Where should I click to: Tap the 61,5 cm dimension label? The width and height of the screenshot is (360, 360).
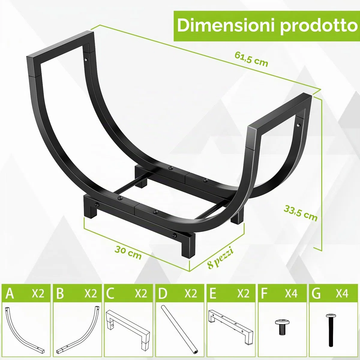click(x=251, y=59)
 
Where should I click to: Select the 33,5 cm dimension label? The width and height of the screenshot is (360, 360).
click(x=300, y=215)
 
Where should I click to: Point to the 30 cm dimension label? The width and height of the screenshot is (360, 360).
click(x=128, y=253)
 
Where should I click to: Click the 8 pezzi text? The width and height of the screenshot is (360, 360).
click(x=220, y=258)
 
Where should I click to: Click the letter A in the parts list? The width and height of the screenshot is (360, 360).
click(x=10, y=293)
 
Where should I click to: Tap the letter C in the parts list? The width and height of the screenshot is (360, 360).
click(x=110, y=293)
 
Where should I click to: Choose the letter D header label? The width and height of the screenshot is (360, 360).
click(x=162, y=293)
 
